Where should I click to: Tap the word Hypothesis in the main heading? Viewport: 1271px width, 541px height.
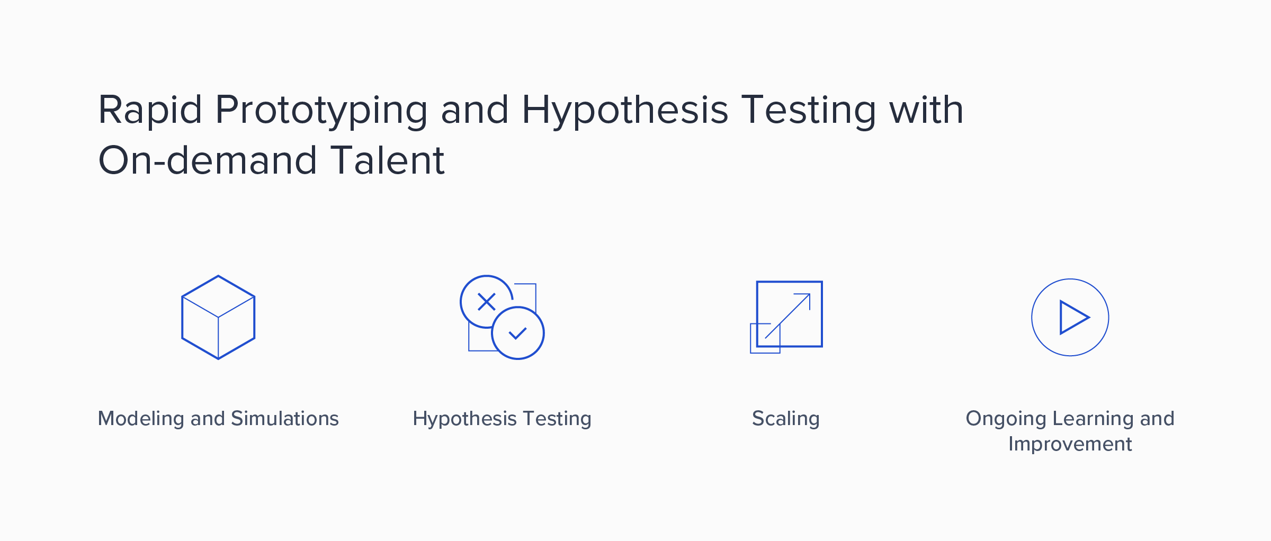[625, 111]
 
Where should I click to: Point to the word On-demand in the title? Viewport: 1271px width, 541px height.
[208, 160]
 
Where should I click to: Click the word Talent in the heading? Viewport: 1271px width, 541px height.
[388, 160]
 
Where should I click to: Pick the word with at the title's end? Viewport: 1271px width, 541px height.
[926, 110]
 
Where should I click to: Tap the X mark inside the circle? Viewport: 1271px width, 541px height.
[486, 302]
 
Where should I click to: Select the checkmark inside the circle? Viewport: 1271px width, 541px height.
[517, 333]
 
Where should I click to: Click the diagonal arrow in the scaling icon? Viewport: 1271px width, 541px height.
[787, 316]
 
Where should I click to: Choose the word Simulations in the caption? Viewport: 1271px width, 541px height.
[285, 418]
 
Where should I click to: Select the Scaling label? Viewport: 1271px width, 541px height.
[786, 419]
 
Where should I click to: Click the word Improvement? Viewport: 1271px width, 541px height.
[1070, 444]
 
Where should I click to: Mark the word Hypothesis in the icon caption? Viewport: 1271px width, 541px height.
[464, 419]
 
